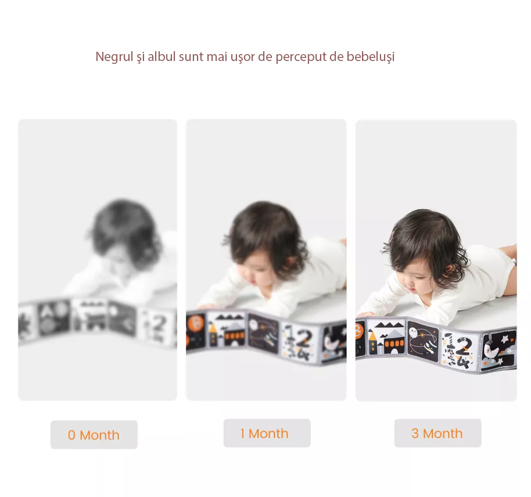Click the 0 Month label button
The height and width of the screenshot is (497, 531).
[x=94, y=435]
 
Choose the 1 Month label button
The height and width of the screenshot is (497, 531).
[x=267, y=433]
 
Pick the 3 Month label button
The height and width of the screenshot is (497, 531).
[x=437, y=433]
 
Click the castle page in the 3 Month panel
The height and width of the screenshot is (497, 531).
[x=386, y=337]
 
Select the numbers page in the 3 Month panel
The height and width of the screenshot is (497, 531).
[x=461, y=349]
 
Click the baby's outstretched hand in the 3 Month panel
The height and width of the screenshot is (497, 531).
[x=366, y=314]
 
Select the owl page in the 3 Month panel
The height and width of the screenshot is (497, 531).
[x=424, y=341]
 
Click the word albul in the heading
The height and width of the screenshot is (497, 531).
[x=161, y=56]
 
